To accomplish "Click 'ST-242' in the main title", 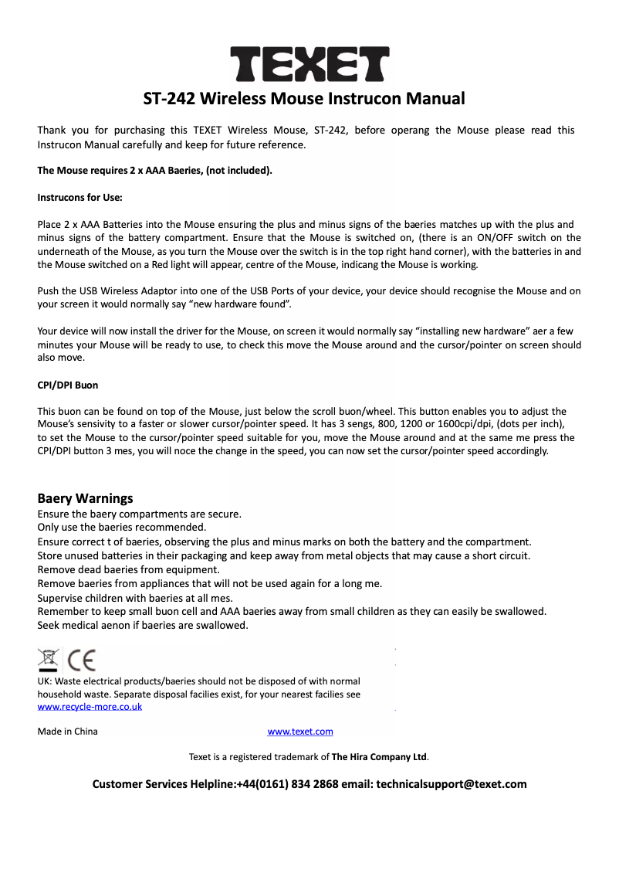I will [168, 99].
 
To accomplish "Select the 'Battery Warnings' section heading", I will [85, 498].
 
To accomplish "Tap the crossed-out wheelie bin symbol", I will [49, 660].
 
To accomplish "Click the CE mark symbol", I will [82, 660].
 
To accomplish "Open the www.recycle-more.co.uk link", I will [90, 707].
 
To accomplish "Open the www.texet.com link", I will [300, 732].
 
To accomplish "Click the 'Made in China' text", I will [68, 732].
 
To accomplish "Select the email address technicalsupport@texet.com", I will [451, 784].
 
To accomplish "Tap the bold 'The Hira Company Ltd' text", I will [379, 757].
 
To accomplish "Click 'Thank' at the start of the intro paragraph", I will [52, 130].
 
